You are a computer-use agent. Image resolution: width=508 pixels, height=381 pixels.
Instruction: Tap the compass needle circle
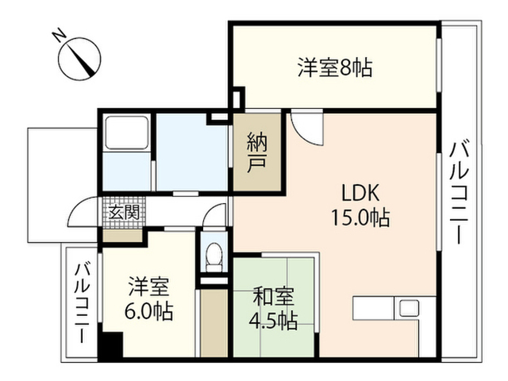79,59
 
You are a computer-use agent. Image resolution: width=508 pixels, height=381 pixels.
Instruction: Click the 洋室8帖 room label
335,67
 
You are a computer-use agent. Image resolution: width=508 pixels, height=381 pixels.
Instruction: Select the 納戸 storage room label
257,152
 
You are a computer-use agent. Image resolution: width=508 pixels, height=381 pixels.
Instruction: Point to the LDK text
360,193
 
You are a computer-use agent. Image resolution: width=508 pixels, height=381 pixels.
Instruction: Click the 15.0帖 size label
360,217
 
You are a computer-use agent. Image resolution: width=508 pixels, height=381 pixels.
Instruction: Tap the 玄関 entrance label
124,213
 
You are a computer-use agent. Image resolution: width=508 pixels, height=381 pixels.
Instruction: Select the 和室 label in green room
273,296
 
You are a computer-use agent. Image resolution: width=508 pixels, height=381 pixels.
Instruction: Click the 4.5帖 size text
273,320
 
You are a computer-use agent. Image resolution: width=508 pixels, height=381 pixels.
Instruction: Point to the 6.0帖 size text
148,311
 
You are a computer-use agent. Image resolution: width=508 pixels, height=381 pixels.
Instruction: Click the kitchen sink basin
409,308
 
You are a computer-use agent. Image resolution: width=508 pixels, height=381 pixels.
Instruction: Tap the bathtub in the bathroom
127,133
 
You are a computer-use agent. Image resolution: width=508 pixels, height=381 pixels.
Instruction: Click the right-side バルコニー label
459,192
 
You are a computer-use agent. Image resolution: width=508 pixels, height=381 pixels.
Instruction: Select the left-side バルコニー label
83,303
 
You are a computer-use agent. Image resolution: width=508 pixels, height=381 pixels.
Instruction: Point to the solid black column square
110,345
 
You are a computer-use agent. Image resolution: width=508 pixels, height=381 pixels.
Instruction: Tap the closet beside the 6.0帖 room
214,323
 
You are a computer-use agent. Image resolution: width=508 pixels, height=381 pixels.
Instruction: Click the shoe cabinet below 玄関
122,236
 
